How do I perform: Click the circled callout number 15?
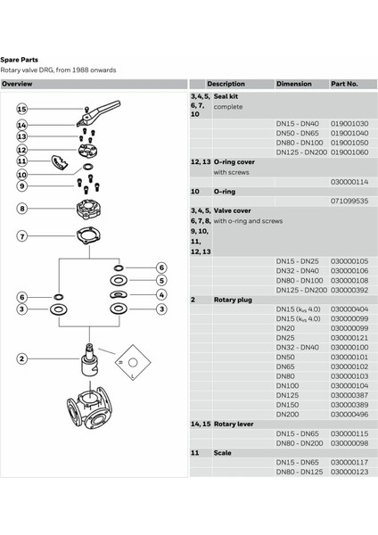coord(21,108)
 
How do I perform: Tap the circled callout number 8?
coord(21,209)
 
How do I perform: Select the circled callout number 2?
coord(21,358)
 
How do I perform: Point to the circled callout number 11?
coord(21,161)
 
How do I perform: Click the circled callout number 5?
coord(161,280)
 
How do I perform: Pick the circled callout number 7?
coord(21,236)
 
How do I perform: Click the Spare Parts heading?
coord(19,60)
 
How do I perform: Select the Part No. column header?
coord(344,83)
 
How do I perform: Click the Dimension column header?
coord(293,83)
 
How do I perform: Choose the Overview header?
coord(18,83)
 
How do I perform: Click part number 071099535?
coord(349,202)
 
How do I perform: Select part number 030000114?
coord(349,181)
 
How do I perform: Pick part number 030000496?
coord(349,414)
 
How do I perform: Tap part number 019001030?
coord(349,123)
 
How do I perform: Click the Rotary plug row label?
coord(234,300)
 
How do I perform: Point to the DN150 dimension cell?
coord(286,404)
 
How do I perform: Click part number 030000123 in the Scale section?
coord(349,472)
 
